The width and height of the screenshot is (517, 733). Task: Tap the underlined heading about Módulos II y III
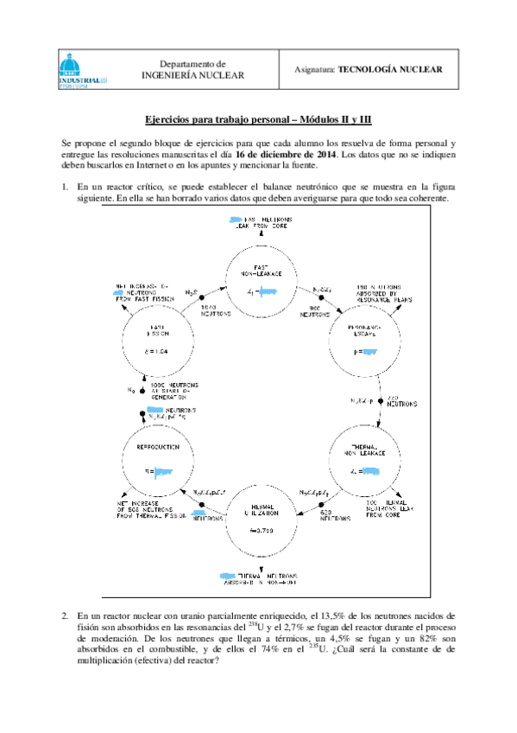pyautogui.click(x=258, y=122)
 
